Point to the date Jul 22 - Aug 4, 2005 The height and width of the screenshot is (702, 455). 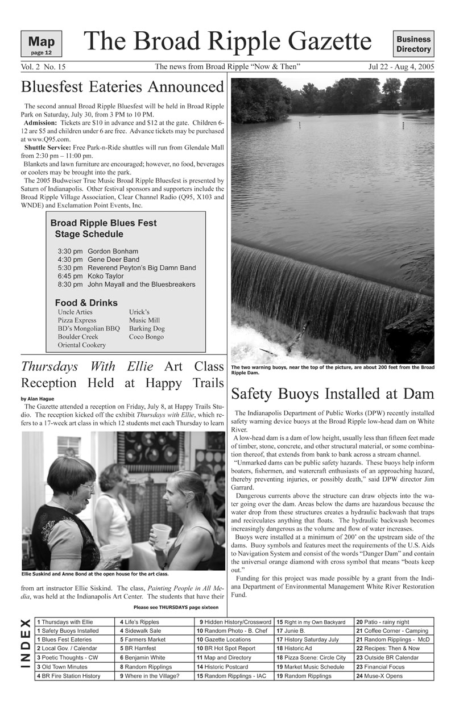tap(401, 67)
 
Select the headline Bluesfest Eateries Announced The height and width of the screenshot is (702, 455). tap(122, 87)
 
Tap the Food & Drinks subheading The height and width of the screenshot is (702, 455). tap(86, 303)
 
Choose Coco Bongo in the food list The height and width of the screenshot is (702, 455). tap(146, 337)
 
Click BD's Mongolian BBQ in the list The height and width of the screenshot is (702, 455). tap(89, 328)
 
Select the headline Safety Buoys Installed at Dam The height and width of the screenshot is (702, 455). tap(333, 393)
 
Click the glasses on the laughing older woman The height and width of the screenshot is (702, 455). tap(88, 487)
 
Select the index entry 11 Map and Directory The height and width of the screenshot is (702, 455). tap(224, 657)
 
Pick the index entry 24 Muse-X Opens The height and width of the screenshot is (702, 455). tap(379, 676)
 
